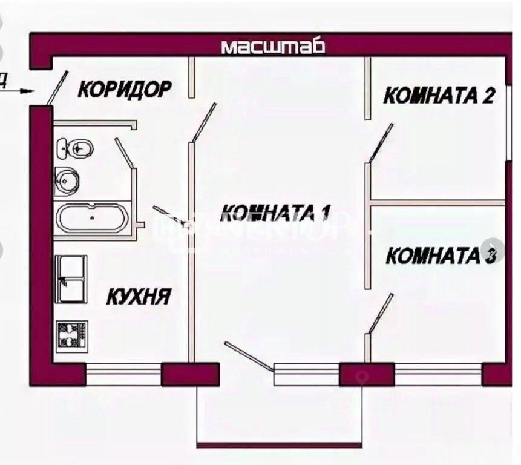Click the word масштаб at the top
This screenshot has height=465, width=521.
point(273,47)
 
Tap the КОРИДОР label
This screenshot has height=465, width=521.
point(125,90)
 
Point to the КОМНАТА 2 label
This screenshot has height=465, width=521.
point(440,96)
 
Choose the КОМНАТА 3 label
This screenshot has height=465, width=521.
point(441,256)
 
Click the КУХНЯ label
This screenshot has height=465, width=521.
point(139,297)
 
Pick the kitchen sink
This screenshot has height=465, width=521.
point(71,279)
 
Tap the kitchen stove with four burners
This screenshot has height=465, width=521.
point(72,335)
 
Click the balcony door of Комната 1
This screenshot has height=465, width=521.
point(249,356)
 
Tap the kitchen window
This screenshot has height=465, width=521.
point(123,374)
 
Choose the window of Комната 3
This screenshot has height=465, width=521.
point(438,374)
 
